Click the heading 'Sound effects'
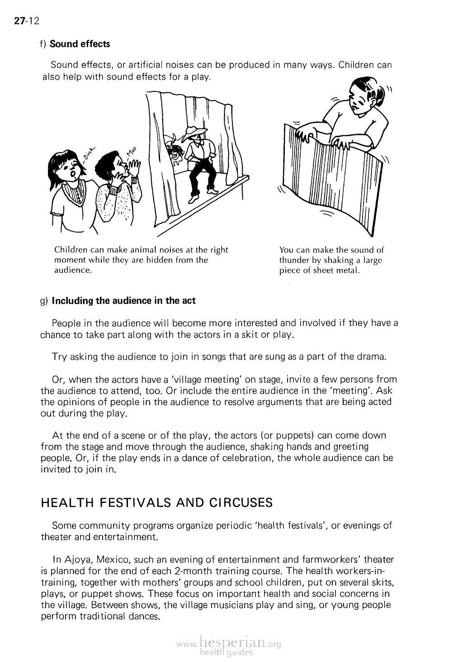[80, 44]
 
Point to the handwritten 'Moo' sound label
[132, 154]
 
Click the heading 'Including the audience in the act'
[124, 300]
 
